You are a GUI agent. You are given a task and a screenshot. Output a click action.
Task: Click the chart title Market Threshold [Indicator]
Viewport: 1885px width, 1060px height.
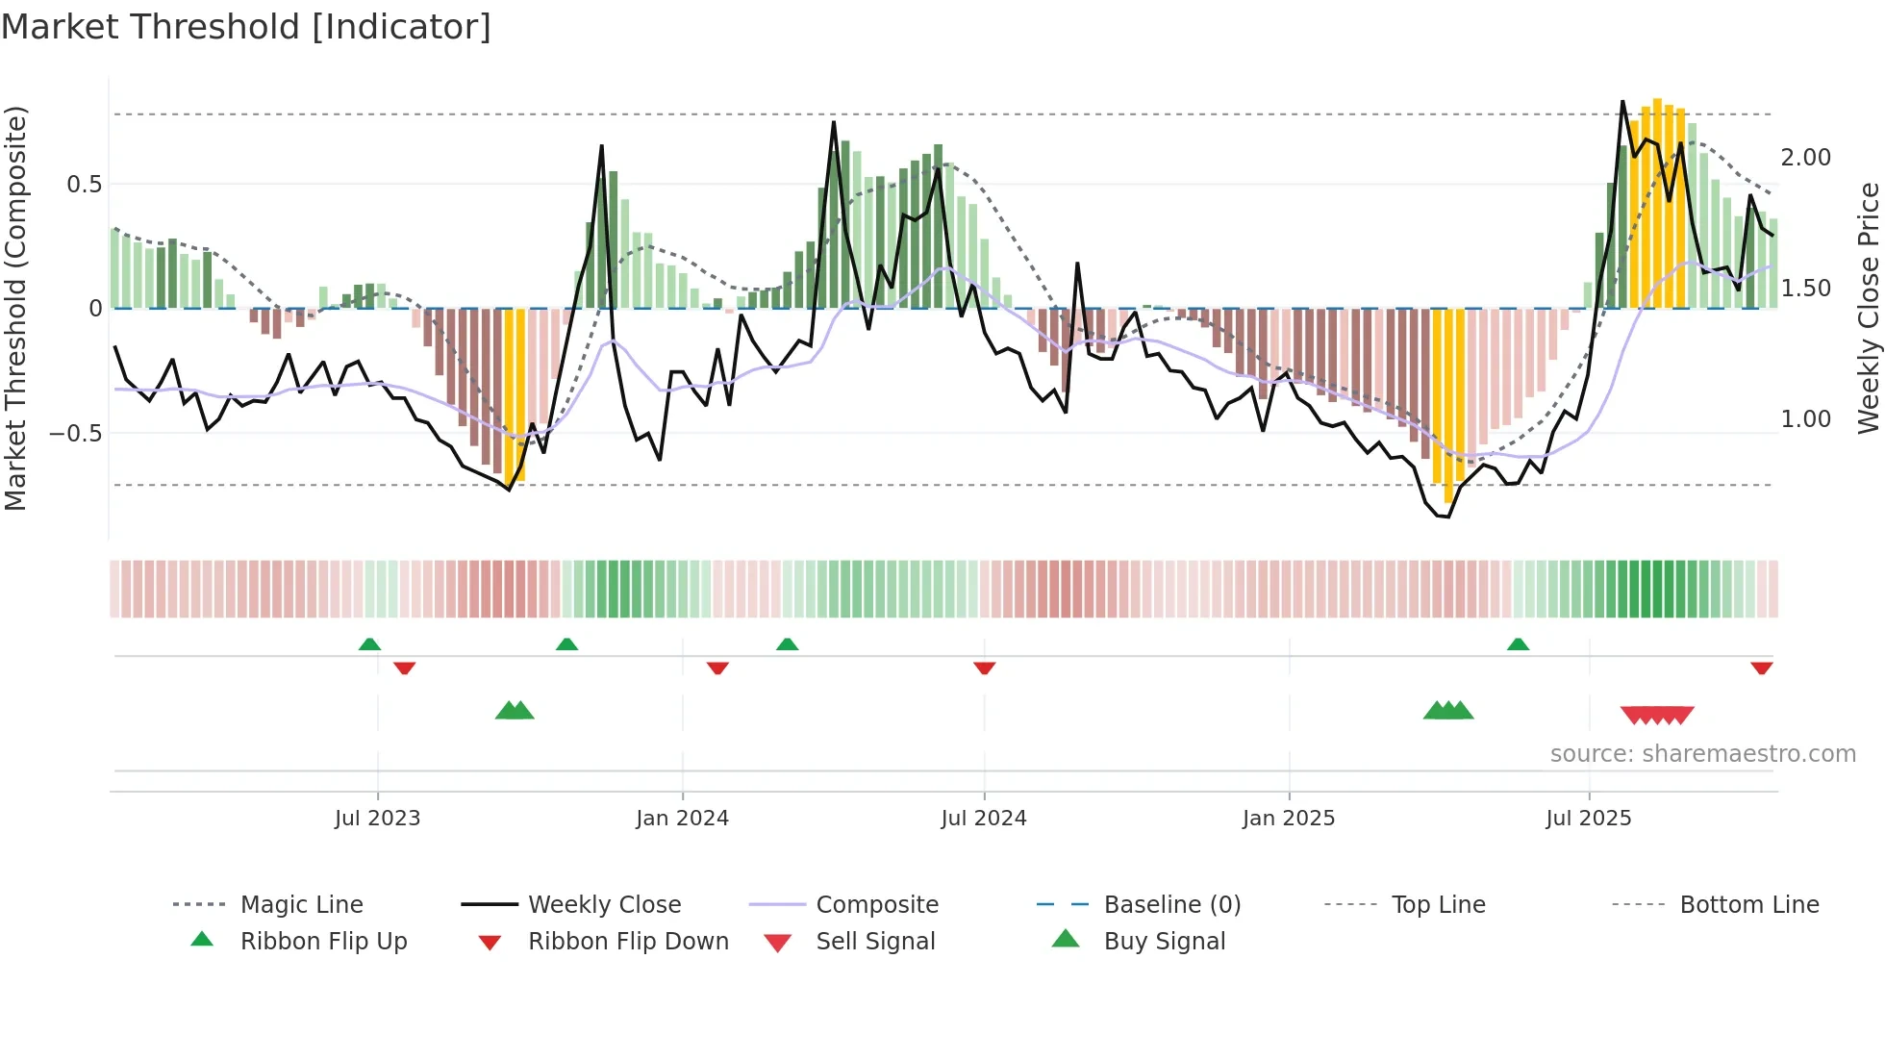[246, 27]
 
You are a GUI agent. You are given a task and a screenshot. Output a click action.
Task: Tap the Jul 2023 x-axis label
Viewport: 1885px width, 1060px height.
[377, 819]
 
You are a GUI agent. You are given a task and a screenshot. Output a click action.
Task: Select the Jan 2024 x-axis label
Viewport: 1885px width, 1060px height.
[682, 819]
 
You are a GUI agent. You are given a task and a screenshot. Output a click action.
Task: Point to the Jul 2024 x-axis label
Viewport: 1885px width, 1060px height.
[983, 819]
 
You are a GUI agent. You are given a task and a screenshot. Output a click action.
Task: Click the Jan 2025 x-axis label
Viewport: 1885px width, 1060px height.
[1288, 819]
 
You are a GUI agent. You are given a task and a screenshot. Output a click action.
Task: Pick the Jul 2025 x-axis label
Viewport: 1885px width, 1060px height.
[1588, 819]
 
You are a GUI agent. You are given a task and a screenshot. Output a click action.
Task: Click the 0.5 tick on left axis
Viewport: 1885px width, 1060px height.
[84, 185]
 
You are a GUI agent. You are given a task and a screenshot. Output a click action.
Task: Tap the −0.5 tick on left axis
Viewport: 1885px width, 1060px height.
[76, 434]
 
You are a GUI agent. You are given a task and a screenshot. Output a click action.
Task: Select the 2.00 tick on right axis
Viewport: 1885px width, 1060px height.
[1805, 158]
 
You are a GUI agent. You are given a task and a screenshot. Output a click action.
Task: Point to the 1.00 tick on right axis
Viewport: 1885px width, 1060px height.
[1805, 419]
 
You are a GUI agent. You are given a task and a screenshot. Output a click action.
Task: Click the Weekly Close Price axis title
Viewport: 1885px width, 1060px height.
[1868, 308]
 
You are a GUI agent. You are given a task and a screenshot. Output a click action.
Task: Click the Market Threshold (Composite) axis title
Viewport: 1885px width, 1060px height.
[15, 308]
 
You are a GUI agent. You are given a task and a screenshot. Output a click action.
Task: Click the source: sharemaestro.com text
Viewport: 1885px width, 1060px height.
[1702, 754]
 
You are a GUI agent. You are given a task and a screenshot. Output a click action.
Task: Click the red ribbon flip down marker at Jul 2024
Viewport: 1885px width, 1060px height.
[984, 668]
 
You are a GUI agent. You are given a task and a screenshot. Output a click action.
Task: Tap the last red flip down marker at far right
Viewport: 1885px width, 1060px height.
[1761, 668]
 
